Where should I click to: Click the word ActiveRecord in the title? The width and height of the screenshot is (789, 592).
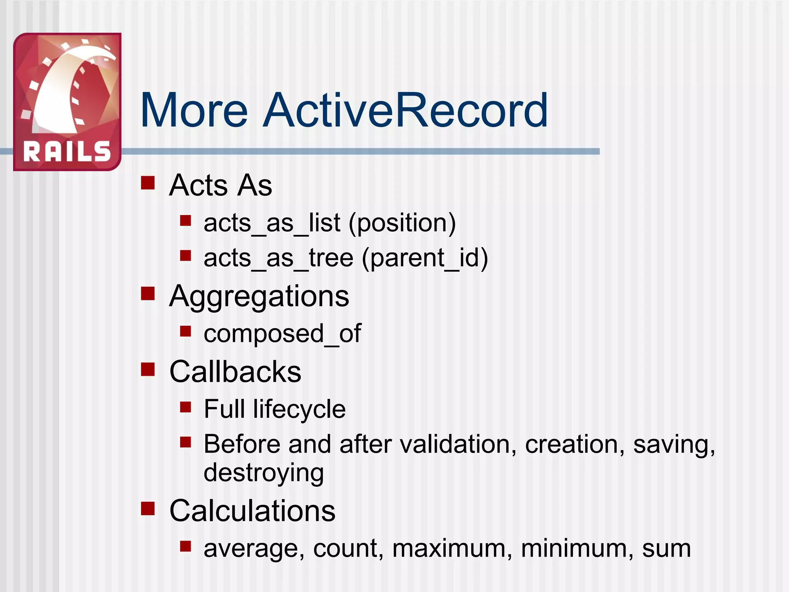405,111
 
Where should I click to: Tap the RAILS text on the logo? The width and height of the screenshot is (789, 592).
67,151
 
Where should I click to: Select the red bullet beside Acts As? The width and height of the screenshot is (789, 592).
148,183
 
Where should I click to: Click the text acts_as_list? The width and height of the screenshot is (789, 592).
272,223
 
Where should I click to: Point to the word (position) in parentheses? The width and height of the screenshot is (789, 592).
402,223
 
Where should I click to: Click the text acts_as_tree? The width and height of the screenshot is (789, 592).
278,258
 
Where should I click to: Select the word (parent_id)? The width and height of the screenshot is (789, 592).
425,258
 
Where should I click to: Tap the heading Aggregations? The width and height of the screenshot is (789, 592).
259,296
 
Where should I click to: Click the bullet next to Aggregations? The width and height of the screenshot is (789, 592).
148,293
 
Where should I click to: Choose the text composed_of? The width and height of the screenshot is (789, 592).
282,333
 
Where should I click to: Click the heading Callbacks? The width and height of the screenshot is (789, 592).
235,372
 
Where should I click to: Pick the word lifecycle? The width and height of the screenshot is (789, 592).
299,409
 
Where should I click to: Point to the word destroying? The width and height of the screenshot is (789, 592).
264,473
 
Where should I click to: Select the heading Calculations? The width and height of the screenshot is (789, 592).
252,511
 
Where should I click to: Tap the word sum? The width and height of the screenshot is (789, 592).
666,548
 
